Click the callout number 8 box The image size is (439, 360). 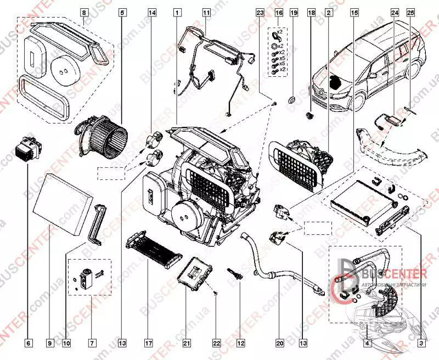tap(83, 12)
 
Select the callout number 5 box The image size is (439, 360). tap(122, 12)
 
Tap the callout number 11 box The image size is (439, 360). tap(206, 12)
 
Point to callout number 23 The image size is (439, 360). tap(260, 12)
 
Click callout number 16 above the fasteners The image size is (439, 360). tap(279, 12)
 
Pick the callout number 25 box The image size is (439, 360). tap(410, 12)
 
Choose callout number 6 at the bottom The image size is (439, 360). tap(29, 344)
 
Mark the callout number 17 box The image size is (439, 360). tap(148, 344)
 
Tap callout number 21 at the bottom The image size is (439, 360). tap(187, 344)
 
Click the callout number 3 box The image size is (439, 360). tap(421, 344)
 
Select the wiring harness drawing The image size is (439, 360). tap(214, 66)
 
